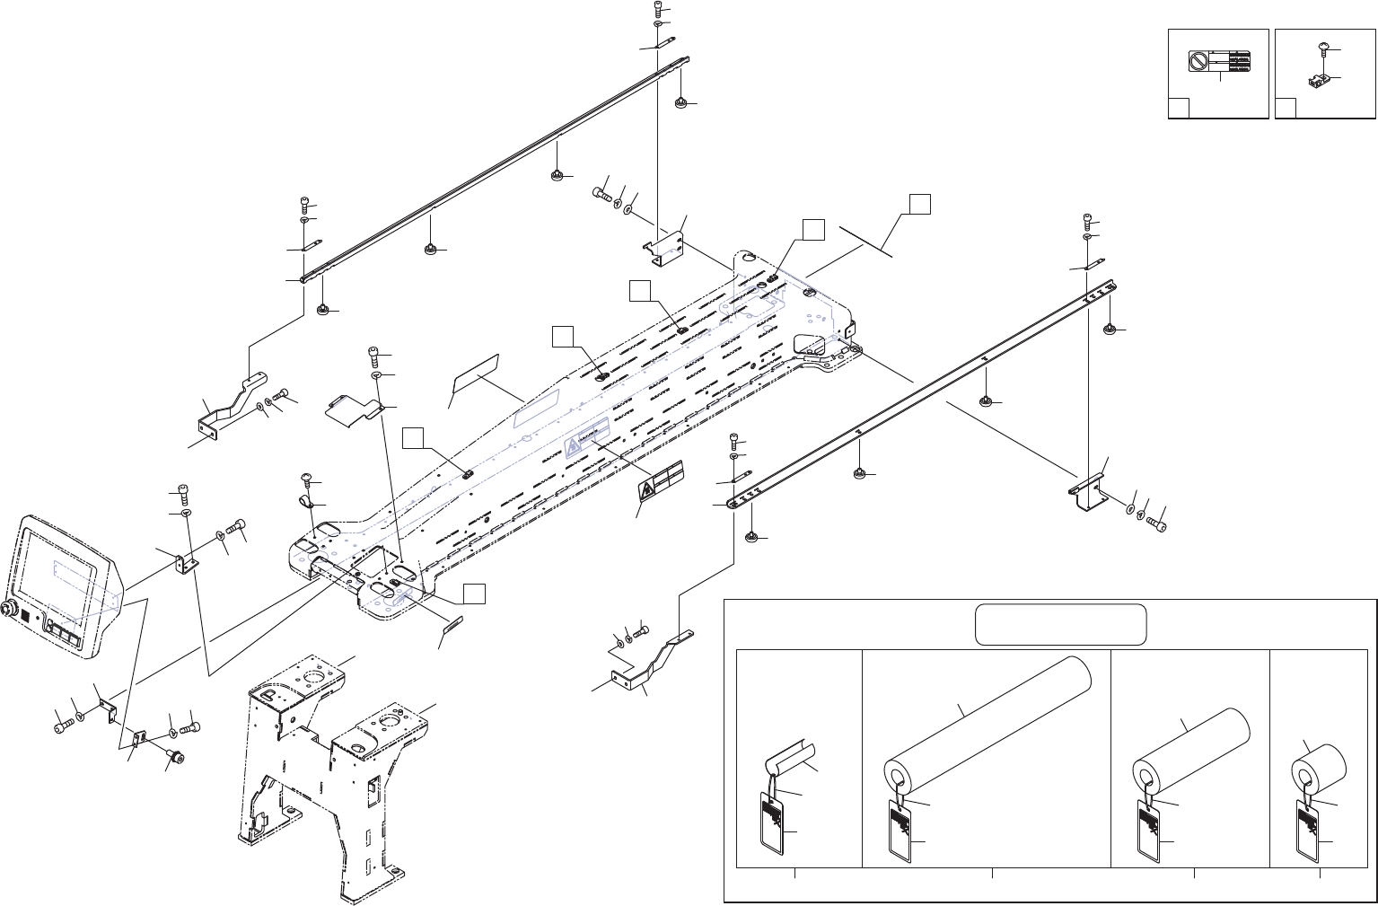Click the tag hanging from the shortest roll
[1312, 826]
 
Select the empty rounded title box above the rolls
[1061, 624]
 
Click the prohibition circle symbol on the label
[1198, 61]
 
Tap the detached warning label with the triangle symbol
[660, 486]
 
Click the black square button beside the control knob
[25, 619]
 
